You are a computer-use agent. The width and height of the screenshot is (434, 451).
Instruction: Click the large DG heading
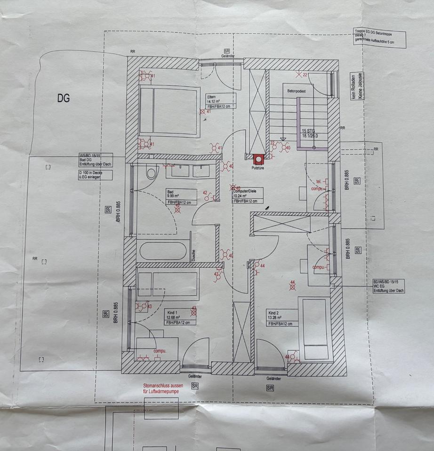click(x=64, y=98)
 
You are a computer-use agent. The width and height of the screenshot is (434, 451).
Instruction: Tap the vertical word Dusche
click(x=193, y=255)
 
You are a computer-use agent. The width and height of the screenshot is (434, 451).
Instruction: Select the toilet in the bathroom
click(x=151, y=172)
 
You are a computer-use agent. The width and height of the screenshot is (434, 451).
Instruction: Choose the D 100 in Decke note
click(x=96, y=176)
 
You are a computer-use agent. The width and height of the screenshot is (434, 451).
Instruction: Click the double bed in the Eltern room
click(x=169, y=111)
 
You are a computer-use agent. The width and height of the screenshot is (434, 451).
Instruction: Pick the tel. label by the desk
click(x=319, y=181)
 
